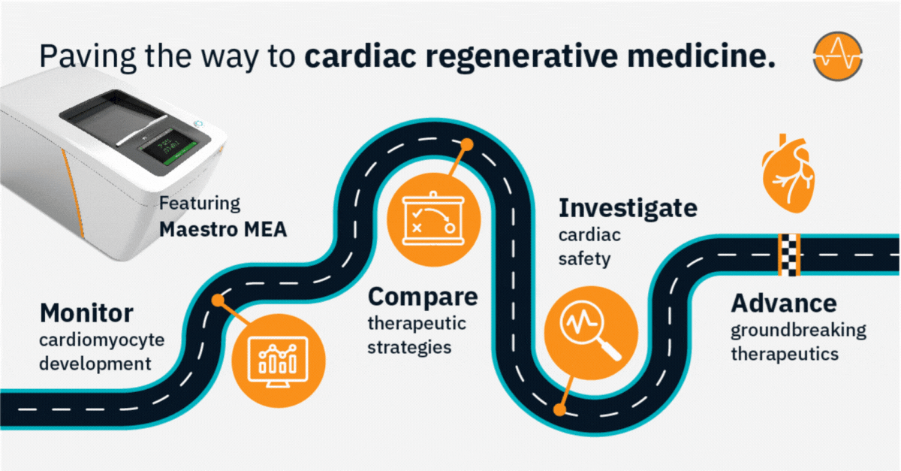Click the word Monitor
[86, 312]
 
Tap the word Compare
[422, 297]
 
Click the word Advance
[784, 303]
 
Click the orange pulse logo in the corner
[838, 56]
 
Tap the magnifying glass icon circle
[591, 332]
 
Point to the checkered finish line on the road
[788, 255]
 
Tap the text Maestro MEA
[223, 229]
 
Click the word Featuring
[200, 204]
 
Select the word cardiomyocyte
[101, 340]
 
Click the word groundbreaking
[798, 330]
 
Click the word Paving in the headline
[80, 56]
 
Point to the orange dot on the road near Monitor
[218, 300]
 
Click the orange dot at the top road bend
[466, 143]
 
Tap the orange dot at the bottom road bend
[559, 410]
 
